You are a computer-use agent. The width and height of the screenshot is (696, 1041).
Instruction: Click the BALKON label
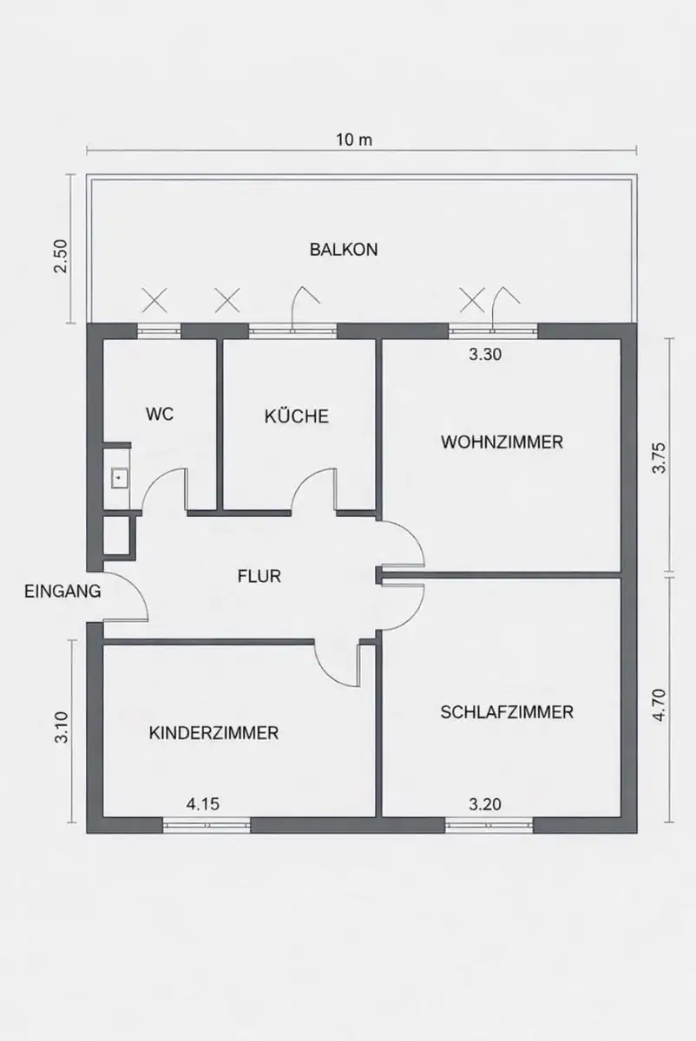pos(344,250)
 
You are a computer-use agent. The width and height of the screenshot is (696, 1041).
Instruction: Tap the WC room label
pos(160,414)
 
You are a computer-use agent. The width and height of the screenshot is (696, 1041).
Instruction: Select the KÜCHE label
pos(297,416)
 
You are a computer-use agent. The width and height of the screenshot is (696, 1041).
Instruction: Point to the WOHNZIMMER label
pos(502,442)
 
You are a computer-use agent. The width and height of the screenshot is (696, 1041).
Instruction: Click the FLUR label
pos(259,576)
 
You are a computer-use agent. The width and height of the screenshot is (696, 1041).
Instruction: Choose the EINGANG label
pos(62,591)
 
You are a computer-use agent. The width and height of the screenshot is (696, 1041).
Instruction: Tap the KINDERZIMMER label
pos(213,733)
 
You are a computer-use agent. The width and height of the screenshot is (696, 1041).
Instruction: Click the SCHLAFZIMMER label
pos(507,712)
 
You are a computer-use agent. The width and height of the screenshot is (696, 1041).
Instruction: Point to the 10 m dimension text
pos(354,140)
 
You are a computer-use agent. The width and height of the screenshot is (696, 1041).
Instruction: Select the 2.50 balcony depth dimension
pos(61,257)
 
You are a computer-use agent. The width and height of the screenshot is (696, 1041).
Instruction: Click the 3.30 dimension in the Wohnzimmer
pos(485,355)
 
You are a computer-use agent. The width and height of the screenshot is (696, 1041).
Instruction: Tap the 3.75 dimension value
pos(660,458)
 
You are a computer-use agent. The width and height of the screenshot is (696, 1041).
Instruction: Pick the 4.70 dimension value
pos(660,705)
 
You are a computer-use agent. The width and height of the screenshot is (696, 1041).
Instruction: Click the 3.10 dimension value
pos(62,728)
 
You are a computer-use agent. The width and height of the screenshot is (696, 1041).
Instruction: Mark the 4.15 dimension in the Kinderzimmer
pos(203,804)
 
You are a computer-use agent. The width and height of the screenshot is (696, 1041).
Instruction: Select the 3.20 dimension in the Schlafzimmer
pos(485,804)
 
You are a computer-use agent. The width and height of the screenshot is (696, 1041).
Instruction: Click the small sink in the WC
pos(119,478)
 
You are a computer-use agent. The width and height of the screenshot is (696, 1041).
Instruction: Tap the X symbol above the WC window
pos(154,300)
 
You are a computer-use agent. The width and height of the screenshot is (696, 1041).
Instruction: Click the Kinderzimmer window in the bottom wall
pos(207,824)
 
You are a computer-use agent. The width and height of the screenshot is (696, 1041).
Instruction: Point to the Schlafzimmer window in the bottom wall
pos(489,824)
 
